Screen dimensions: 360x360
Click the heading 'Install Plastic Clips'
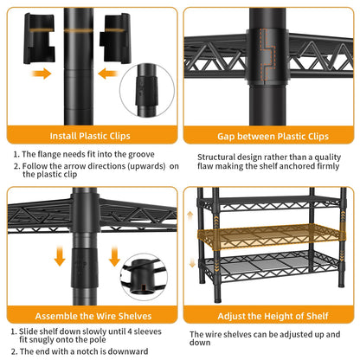[90, 136]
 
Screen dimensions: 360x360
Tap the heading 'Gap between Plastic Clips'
[273, 136]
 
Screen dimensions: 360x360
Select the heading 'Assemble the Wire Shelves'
[93, 316]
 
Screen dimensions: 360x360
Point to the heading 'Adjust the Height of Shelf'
[273, 316]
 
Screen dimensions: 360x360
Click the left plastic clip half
[39, 38]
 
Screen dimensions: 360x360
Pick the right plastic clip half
[116, 38]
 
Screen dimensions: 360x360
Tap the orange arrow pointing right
[42, 74]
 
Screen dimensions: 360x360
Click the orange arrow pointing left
[108, 74]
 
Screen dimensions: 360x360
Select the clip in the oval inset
[147, 91]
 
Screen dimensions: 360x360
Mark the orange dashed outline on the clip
[267, 55]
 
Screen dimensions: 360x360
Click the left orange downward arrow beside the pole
[60, 256]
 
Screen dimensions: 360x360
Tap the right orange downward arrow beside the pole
[114, 256]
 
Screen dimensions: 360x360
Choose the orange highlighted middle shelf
[271, 236]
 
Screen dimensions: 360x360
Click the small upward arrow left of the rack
[190, 216]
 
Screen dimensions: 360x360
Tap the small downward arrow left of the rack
[192, 263]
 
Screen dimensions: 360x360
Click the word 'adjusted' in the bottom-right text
[296, 335]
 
